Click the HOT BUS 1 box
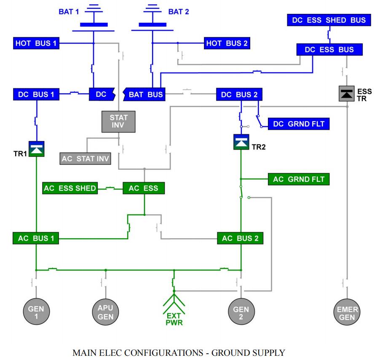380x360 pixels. point(36,43)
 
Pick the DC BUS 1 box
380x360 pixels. point(36,95)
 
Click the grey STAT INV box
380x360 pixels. point(118,121)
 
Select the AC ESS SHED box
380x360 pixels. point(70,188)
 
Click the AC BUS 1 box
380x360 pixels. point(35,238)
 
